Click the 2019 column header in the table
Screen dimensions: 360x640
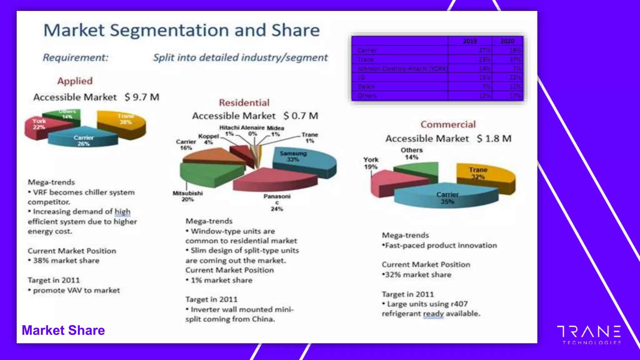pyautogui.click(x=470, y=41)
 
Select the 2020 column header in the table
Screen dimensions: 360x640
pyautogui.click(x=507, y=41)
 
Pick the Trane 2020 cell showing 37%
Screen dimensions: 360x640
pyautogui.click(x=515, y=59)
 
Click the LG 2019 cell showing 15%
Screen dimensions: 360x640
pyautogui.click(x=484, y=77)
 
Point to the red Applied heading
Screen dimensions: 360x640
pyautogui.click(x=75, y=81)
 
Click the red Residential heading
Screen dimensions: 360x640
pyautogui.click(x=244, y=102)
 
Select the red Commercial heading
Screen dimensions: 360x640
pyautogui.click(x=448, y=124)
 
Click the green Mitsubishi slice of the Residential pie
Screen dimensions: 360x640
pyautogui.click(x=209, y=173)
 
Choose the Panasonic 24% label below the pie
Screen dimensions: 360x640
pyautogui.click(x=277, y=202)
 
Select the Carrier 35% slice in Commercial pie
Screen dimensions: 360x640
pyautogui.click(x=447, y=197)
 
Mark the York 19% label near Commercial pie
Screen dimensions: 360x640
pyautogui.click(x=371, y=163)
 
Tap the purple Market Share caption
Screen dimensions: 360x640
pyautogui.click(x=63, y=330)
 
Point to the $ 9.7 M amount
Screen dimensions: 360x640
pyautogui.click(x=142, y=97)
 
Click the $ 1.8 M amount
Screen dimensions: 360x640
pyautogui.click(x=494, y=138)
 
